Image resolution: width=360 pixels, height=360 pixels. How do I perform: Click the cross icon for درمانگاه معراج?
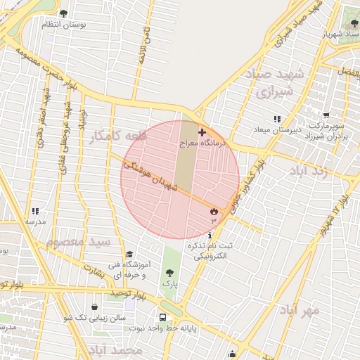pos(202,132)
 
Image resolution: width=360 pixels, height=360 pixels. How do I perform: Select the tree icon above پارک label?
pos(168,272)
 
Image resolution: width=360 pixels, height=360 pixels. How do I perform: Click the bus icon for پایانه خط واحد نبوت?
pos(162,317)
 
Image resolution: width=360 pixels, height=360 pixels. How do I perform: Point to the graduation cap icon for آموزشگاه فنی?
pos(129,255)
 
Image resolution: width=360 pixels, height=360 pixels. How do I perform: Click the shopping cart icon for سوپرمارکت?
pos(326,115)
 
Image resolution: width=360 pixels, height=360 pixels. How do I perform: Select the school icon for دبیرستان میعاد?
pos(277,119)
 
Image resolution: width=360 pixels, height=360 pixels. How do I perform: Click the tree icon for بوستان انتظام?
pos(64,13)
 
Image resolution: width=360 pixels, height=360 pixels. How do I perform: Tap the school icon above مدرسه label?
pos(35,211)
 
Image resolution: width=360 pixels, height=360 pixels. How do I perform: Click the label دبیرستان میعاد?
pos(277,129)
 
